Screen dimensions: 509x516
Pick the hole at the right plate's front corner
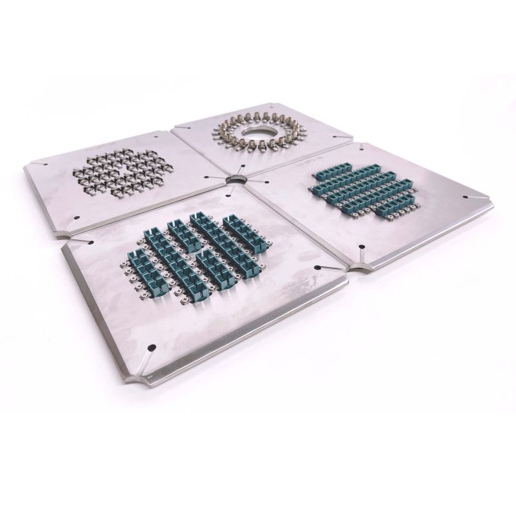pyautogui.click(x=362, y=246)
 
